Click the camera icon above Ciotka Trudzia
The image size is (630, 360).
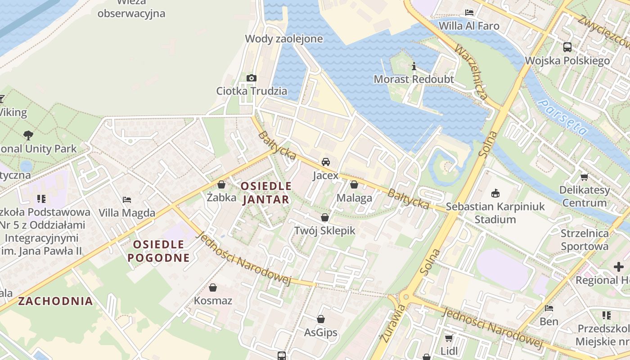[x=252, y=78]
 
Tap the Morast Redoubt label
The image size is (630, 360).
[x=414, y=80]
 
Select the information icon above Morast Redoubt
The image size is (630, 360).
[x=414, y=67]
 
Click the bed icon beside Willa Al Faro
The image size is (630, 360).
[x=469, y=13]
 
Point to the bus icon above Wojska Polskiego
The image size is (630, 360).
[x=567, y=47]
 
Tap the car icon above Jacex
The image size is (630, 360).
[x=325, y=162]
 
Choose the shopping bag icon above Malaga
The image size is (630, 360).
[x=354, y=184]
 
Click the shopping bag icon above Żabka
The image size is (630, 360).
[x=221, y=184]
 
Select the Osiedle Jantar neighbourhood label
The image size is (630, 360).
[x=266, y=193]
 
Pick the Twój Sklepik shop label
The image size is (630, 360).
[x=324, y=231]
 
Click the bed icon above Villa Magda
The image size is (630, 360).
[x=127, y=199]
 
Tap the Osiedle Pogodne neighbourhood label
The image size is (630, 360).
[x=159, y=251]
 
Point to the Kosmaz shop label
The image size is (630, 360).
[x=213, y=300]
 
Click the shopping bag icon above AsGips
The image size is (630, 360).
[x=321, y=319]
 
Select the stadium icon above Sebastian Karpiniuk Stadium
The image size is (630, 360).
[x=495, y=193]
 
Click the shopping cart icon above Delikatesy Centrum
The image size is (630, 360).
[x=584, y=177]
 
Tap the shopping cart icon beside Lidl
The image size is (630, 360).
[x=449, y=338]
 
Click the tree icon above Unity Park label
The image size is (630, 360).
[x=28, y=135]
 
